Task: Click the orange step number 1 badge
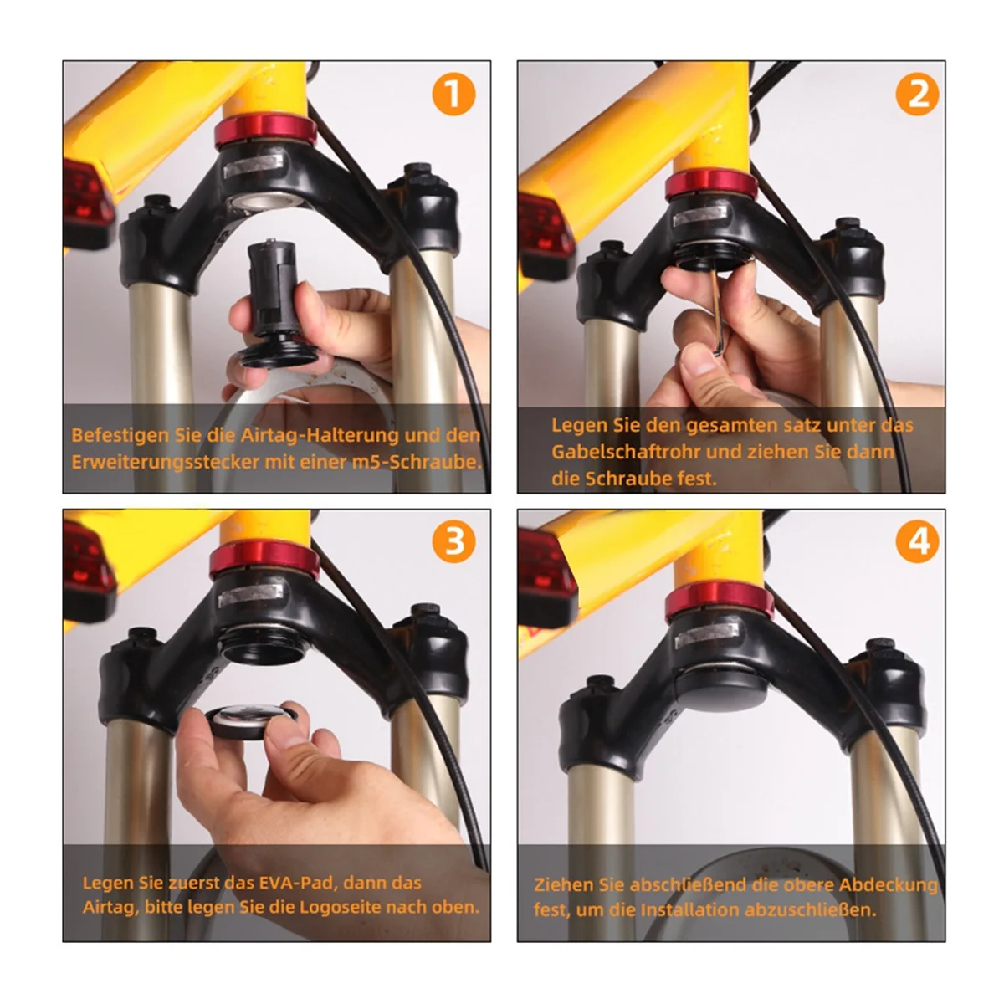pyautogui.click(x=453, y=95)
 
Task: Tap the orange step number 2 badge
pyautogui.click(x=916, y=95)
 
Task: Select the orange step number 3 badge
pyautogui.click(x=453, y=541)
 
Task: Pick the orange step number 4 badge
pyautogui.click(x=916, y=541)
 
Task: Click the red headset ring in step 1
pyautogui.click(x=266, y=131)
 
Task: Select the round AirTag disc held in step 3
pyautogui.click(x=250, y=721)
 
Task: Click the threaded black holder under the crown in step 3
pyautogui.click(x=263, y=643)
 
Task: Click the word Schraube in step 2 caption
pyautogui.click(x=622, y=478)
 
